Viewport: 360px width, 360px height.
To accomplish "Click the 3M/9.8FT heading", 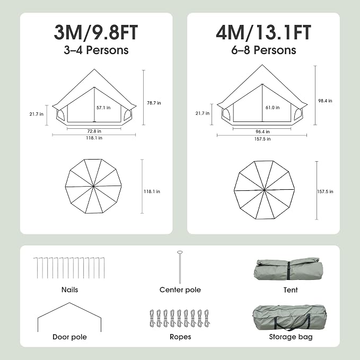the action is pos(96,32).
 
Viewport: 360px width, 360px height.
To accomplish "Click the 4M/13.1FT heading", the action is pos(264,32).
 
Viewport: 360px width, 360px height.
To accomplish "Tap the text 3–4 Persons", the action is pos(96,50).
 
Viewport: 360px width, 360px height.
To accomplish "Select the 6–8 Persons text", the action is pos(264,50).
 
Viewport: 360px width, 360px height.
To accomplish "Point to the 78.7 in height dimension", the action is pos(154,103).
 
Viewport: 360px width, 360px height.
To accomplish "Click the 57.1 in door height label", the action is pos(103,108).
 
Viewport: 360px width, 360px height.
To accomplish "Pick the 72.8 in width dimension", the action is pos(94,131).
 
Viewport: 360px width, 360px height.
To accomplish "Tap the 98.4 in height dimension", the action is pos(325,101).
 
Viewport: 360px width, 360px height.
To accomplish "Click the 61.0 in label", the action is pos(273,108).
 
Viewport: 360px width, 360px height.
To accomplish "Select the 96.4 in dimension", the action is pos(262,131).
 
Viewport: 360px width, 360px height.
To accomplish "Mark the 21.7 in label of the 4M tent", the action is pos(203,113).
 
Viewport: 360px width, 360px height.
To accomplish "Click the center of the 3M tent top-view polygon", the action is pos(93,186).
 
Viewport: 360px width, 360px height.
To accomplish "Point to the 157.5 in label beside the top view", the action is pos(325,191).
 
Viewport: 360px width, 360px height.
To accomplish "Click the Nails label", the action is pos(70,289).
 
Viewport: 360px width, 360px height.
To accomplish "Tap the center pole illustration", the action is pos(180,267).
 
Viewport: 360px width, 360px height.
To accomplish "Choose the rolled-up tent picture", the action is pos(288,269).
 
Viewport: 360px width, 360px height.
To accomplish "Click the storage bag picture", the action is pos(289,318).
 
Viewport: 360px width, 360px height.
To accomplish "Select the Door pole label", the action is pos(70,337).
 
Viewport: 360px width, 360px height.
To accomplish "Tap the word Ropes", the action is pos(180,337).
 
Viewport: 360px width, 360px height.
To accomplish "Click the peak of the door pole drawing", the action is pos(69,303).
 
